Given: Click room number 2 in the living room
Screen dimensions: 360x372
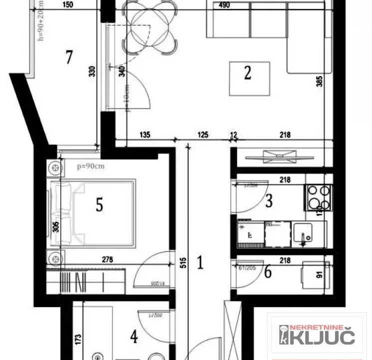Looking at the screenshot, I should (247, 73).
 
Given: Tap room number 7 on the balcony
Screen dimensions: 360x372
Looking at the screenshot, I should (69, 57).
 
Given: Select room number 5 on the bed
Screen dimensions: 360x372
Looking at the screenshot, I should (99, 204).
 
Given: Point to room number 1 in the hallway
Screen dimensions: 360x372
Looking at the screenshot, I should (200, 262).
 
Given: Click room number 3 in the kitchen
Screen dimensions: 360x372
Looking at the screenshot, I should (269, 201).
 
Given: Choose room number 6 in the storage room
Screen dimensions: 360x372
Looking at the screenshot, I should (268, 272).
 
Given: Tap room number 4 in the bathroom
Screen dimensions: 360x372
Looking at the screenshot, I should (134, 337).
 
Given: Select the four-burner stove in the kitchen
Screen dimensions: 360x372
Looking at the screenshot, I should (318, 197).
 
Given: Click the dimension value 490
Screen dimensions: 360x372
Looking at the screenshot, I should (224, 5).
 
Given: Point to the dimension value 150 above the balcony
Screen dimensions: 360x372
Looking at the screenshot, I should (68, 5).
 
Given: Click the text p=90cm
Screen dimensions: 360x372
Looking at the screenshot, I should (90, 166).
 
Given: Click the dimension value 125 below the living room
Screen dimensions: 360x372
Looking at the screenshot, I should (202, 134).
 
